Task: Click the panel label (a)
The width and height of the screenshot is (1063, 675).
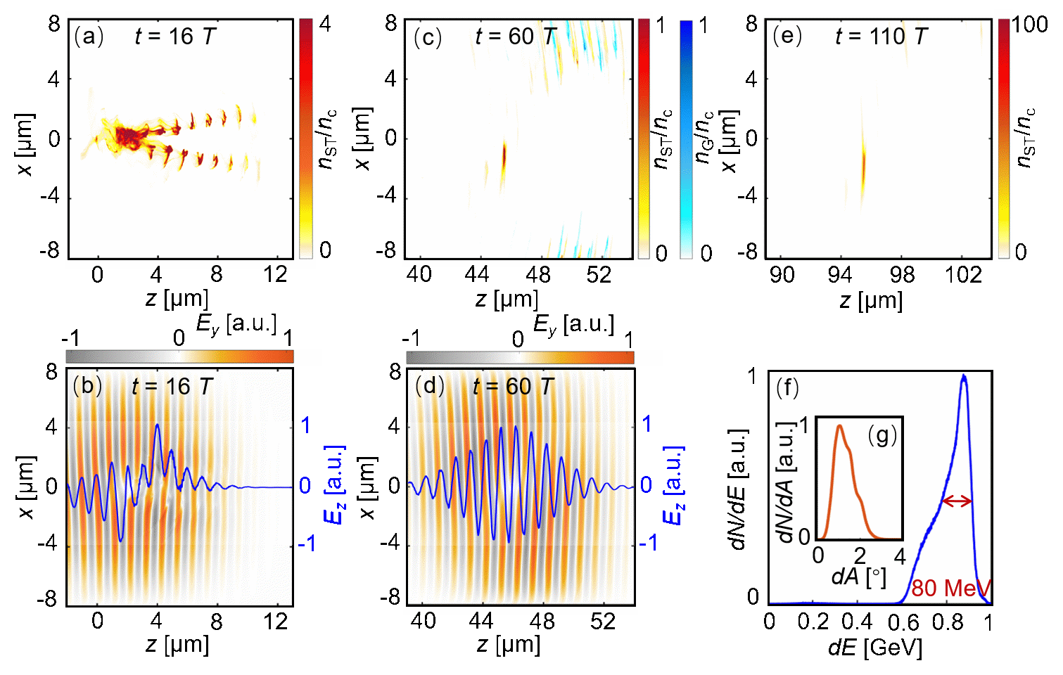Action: coord(89,37)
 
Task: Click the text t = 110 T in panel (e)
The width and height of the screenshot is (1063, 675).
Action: coord(881,37)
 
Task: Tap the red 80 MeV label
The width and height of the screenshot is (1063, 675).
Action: coord(950,587)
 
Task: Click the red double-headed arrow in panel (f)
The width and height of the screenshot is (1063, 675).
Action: coord(957,501)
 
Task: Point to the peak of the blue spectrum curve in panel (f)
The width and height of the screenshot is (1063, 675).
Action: coord(963,377)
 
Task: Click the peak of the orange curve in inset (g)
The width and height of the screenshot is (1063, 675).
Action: coord(839,426)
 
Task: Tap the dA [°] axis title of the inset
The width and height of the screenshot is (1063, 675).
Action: coord(858,577)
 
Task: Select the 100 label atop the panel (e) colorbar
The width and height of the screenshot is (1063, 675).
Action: coord(1030,25)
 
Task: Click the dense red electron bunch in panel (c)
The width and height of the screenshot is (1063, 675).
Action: coord(504,157)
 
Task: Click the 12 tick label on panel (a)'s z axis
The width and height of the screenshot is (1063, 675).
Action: coord(275,274)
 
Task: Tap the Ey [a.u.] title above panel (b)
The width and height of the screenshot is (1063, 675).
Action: coord(236,324)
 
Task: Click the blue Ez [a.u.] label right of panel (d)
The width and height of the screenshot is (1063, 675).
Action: coord(674,485)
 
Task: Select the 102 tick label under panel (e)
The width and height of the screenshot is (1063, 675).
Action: coord(963,274)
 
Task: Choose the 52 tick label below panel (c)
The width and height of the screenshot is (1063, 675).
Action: coord(599,274)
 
